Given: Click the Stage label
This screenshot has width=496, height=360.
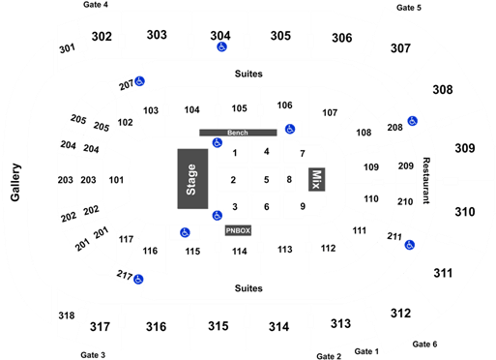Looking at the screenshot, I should point(191,178).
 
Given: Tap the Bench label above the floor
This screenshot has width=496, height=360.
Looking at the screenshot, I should point(237,132).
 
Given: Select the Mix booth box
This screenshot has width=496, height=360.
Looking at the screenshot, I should point(315,178).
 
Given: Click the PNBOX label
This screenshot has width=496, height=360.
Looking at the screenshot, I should point(238,231).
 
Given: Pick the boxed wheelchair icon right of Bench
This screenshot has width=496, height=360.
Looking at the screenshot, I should point(289,128).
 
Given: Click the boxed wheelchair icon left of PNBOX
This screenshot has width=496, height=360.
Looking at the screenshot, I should point(184,232).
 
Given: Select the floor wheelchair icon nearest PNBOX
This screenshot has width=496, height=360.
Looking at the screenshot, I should point(218,214).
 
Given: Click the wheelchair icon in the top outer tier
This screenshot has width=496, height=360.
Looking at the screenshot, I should point(221,45).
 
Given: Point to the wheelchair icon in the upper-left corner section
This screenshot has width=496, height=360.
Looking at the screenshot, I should point(140,82).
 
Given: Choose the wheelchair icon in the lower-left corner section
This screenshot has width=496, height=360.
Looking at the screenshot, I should point(139,280).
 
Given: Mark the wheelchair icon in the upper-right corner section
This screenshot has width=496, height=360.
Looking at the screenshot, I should point(412,121).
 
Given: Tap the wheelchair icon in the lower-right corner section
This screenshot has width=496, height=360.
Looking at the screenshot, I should point(409,245).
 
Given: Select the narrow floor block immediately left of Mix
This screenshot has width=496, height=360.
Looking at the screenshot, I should point(290,178).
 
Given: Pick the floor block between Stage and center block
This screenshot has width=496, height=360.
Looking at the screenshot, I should point(230,178).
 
